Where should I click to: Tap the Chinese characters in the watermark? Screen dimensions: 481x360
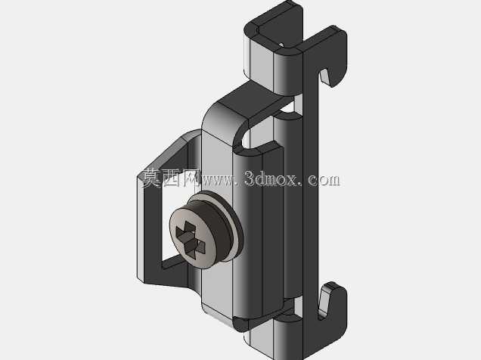tap(169, 178)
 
